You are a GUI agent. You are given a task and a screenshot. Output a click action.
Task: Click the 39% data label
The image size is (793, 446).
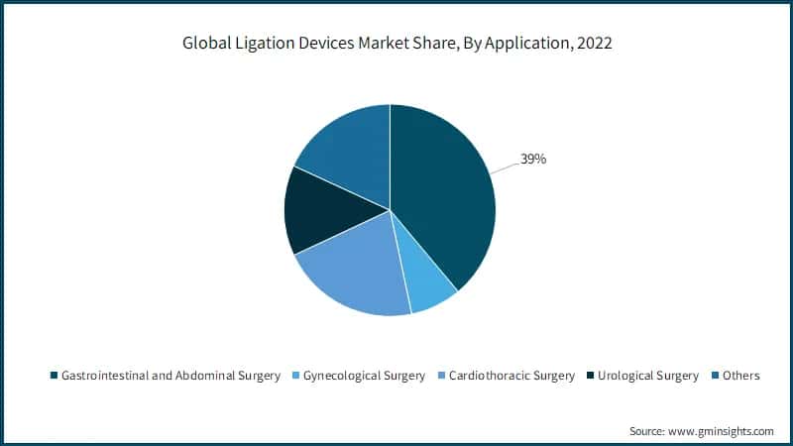click(533, 159)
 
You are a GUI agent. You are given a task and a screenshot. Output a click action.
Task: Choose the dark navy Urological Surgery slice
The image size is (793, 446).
click(319, 213)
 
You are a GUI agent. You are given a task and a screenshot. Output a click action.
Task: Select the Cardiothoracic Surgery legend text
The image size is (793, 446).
click(511, 376)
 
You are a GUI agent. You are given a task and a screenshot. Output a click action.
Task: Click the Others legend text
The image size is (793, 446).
click(741, 376)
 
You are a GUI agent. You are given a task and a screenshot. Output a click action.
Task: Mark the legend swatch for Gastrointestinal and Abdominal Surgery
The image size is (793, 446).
click(54, 376)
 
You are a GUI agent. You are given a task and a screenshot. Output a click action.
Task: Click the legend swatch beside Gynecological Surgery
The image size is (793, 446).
click(293, 376)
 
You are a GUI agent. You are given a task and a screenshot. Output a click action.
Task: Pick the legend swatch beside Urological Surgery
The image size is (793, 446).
click(591, 376)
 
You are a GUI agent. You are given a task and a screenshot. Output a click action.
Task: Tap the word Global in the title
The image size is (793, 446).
click(203, 43)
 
